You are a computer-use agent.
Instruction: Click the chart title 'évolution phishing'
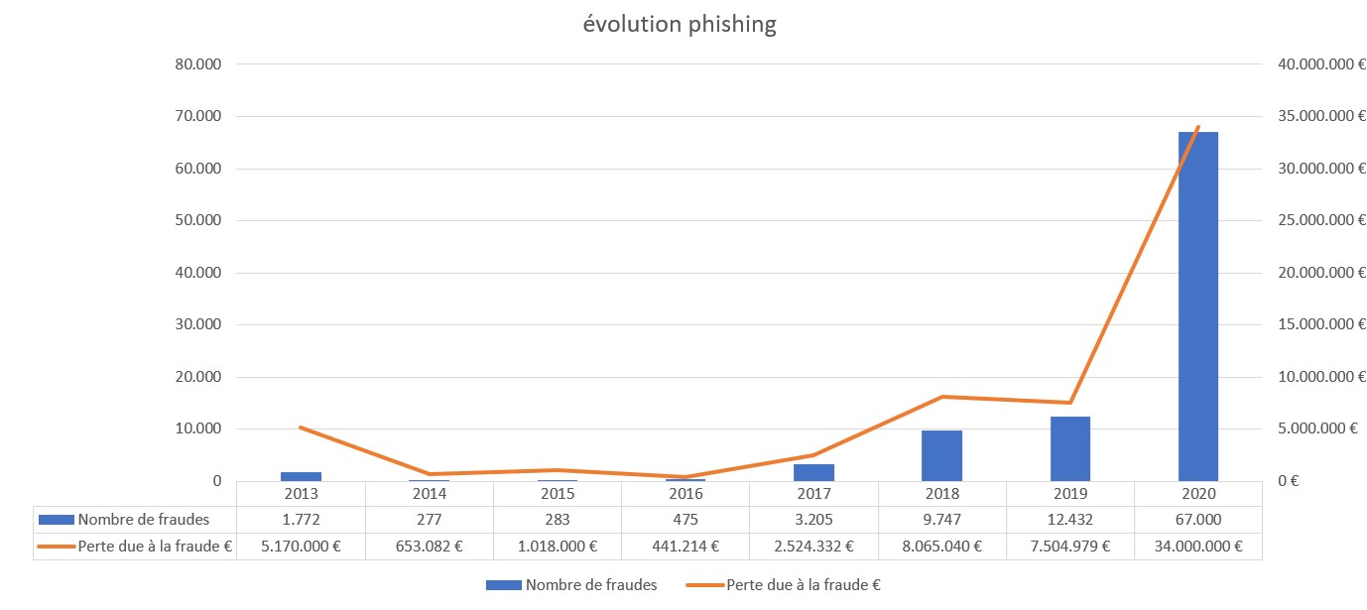point(679,25)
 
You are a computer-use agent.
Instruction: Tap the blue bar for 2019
point(1069,448)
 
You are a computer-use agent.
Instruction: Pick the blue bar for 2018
point(941,455)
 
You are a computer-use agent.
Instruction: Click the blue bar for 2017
point(813,472)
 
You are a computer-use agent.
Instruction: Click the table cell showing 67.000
point(1197,519)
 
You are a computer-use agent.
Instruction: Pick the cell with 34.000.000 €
point(1197,546)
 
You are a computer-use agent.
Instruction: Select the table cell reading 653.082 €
point(429,546)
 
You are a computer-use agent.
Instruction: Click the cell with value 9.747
point(941,519)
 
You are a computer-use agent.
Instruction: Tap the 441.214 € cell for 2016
point(685,546)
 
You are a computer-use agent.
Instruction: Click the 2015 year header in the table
point(558,493)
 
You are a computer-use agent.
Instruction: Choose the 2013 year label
point(301,493)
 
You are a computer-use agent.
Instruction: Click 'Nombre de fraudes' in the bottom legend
point(591,585)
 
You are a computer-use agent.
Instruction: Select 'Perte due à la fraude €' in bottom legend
point(803,585)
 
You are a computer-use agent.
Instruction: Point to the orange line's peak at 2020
point(1197,127)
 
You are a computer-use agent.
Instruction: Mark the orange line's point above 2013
point(301,427)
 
